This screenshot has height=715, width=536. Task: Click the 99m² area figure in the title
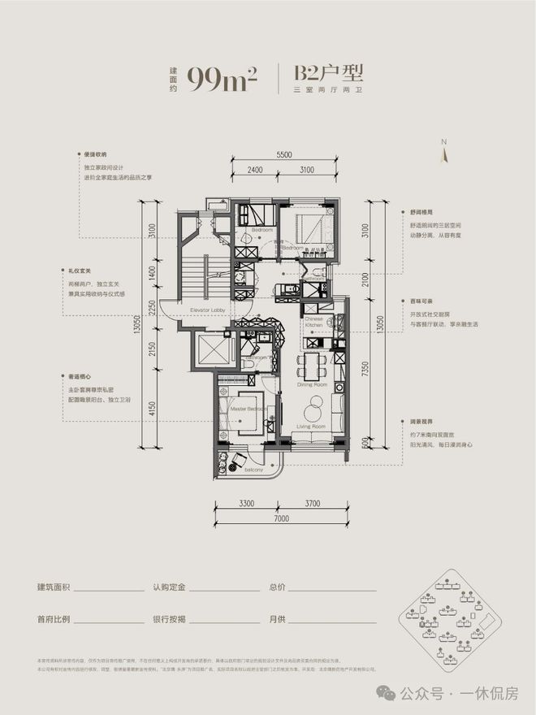click(x=222, y=79)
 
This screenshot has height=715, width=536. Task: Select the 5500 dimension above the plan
click(x=283, y=154)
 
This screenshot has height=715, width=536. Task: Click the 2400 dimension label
click(x=255, y=171)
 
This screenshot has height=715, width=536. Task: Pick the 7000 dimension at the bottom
click(x=282, y=518)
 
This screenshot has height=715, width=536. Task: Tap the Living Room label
click(x=310, y=426)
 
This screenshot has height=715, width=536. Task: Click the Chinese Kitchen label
click(x=314, y=323)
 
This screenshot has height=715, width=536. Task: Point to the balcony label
click(x=253, y=469)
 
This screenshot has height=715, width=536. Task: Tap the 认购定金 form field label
click(x=169, y=586)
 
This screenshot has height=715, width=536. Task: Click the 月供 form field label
click(x=277, y=618)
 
